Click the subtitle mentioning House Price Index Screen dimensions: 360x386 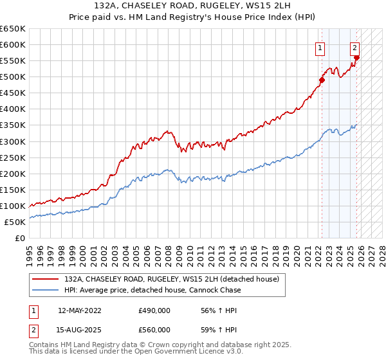click(192, 17)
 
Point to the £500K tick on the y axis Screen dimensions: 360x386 click(12, 77)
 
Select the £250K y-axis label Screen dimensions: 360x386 click(12, 157)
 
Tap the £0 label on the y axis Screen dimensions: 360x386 click(20, 238)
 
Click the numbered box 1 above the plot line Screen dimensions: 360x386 click(320, 47)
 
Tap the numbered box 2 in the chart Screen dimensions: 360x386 click(354, 47)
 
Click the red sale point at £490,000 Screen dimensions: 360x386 click(322, 80)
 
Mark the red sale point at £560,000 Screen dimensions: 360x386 click(357, 58)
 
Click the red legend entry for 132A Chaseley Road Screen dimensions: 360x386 click(171, 280)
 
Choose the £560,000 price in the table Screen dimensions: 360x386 click(154, 330)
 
